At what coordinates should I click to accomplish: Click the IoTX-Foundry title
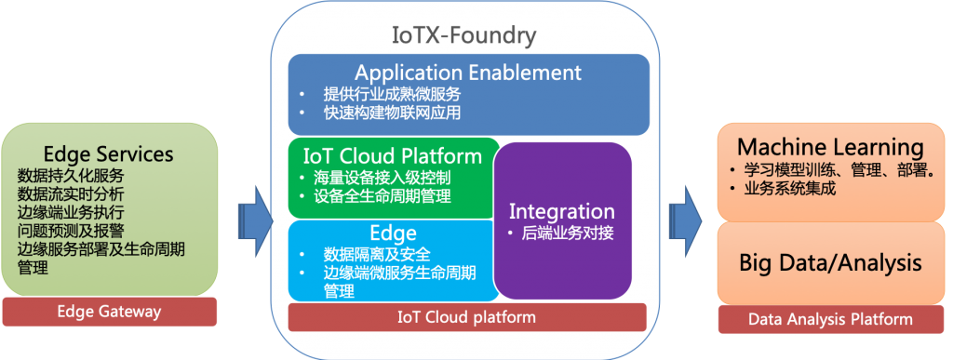[464, 36]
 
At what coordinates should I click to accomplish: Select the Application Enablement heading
[468, 73]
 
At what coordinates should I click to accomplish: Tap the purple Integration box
[562, 220]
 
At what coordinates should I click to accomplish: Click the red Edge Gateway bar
[110, 312]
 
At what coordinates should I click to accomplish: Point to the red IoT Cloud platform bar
[467, 317]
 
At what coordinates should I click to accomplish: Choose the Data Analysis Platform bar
[830, 319]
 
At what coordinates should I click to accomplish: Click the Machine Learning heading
[830, 148]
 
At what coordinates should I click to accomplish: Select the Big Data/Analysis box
[830, 263]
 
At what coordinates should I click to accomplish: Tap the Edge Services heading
[109, 153]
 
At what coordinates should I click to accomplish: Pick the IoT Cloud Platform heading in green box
[393, 156]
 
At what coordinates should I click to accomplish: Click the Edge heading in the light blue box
[394, 233]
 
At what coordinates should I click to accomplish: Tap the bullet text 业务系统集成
[789, 189]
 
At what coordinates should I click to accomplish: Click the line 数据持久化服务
[71, 176]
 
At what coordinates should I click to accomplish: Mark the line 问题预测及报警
[71, 231]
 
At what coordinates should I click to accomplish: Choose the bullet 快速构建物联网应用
[392, 113]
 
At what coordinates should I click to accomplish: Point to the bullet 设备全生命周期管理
[383, 196]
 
